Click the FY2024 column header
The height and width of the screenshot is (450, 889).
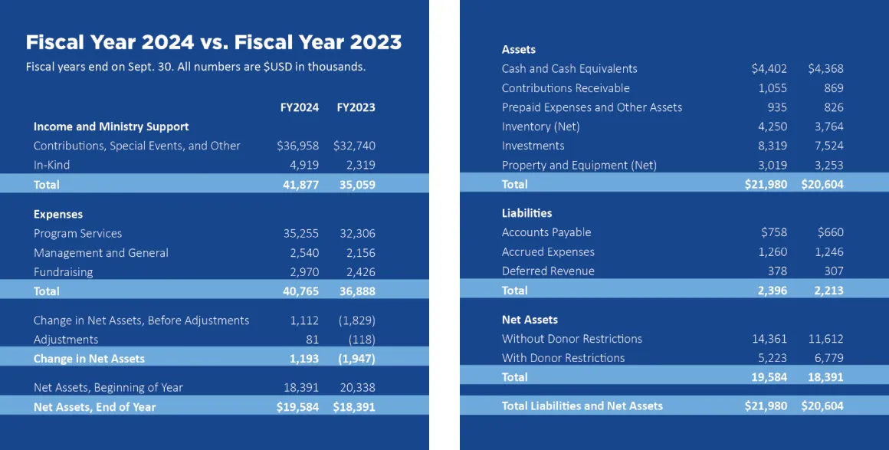(299, 107)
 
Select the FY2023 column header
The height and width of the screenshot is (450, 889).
(356, 107)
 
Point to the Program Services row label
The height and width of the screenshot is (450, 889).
(77, 233)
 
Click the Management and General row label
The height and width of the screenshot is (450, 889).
(100, 253)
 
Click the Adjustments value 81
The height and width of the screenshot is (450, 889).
(311, 340)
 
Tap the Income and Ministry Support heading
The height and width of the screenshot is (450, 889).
(111, 126)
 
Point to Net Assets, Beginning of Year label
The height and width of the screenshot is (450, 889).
(108, 388)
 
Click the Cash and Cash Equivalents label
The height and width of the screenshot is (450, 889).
(569, 69)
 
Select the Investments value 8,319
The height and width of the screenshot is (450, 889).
(772, 146)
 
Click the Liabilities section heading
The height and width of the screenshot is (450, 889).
(527, 213)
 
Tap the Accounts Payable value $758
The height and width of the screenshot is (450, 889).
(774, 232)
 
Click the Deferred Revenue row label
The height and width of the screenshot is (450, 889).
(548, 271)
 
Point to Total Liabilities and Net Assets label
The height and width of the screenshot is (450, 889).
(582, 406)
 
